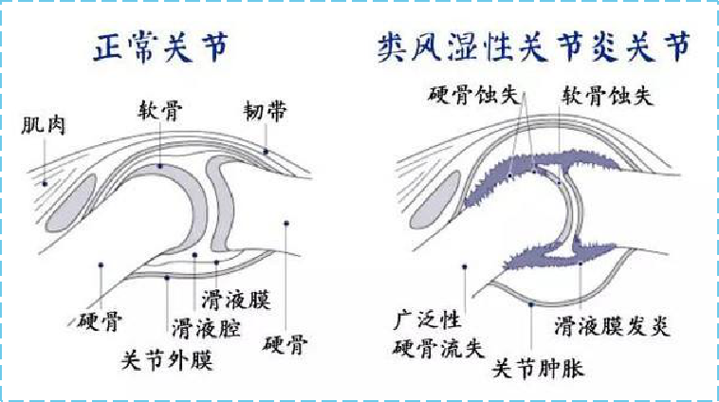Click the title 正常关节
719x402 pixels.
point(160,46)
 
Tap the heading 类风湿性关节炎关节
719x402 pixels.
point(534,46)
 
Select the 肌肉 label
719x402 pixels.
point(44,125)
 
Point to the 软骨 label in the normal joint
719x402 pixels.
point(160,111)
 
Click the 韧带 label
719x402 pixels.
point(265,111)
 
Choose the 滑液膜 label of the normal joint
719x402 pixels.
point(235,301)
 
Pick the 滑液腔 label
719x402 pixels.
point(207,328)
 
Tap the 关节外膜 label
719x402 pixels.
point(167,360)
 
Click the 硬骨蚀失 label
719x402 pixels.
point(473,96)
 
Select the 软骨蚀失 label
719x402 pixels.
point(607,96)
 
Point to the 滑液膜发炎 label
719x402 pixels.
point(612,326)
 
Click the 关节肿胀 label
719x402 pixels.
point(538,368)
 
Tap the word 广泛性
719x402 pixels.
point(428,320)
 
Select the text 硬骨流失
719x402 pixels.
point(438,348)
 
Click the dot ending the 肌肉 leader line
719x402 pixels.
point(45,184)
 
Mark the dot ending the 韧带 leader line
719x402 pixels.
point(266,152)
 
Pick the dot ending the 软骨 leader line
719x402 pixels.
point(159,166)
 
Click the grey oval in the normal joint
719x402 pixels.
point(71,203)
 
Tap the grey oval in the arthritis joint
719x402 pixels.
point(434,200)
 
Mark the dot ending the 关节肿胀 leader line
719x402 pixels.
point(531,304)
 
